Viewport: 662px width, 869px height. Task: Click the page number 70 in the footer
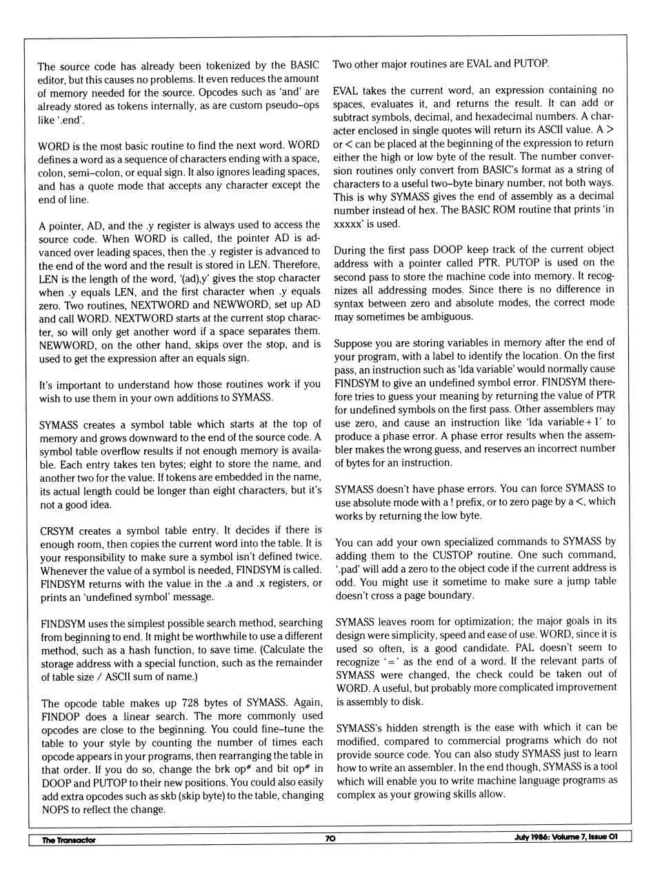click(330, 839)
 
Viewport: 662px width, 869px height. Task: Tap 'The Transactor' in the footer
click(68, 840)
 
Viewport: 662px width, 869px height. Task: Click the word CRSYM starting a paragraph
click(57, 531)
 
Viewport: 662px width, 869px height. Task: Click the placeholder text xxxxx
click(348, 224)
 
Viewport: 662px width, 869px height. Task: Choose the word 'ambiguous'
click(448, 316)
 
